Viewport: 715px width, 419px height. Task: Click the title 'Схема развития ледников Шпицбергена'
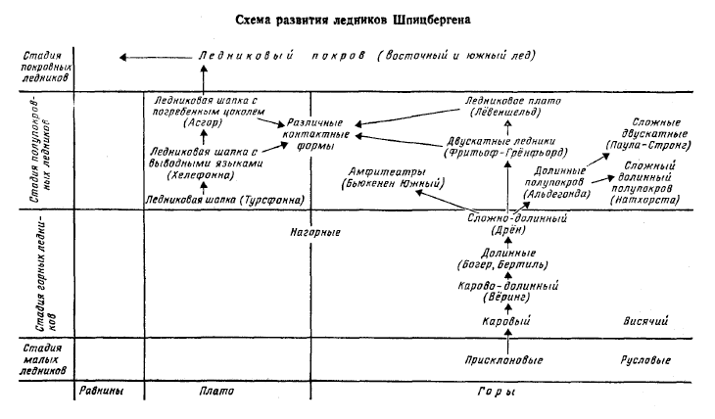point(357,19)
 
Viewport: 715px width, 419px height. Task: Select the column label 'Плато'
point(214,392)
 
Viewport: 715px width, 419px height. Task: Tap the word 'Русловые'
point(646,360)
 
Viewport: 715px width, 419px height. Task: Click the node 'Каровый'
point(507,320)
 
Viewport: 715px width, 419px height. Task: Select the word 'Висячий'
point(645,320)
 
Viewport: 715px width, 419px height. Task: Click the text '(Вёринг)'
point(507,296)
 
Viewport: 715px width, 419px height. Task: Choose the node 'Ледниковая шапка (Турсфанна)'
point(223,200)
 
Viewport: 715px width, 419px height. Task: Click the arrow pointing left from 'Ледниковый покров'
point(147,58)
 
